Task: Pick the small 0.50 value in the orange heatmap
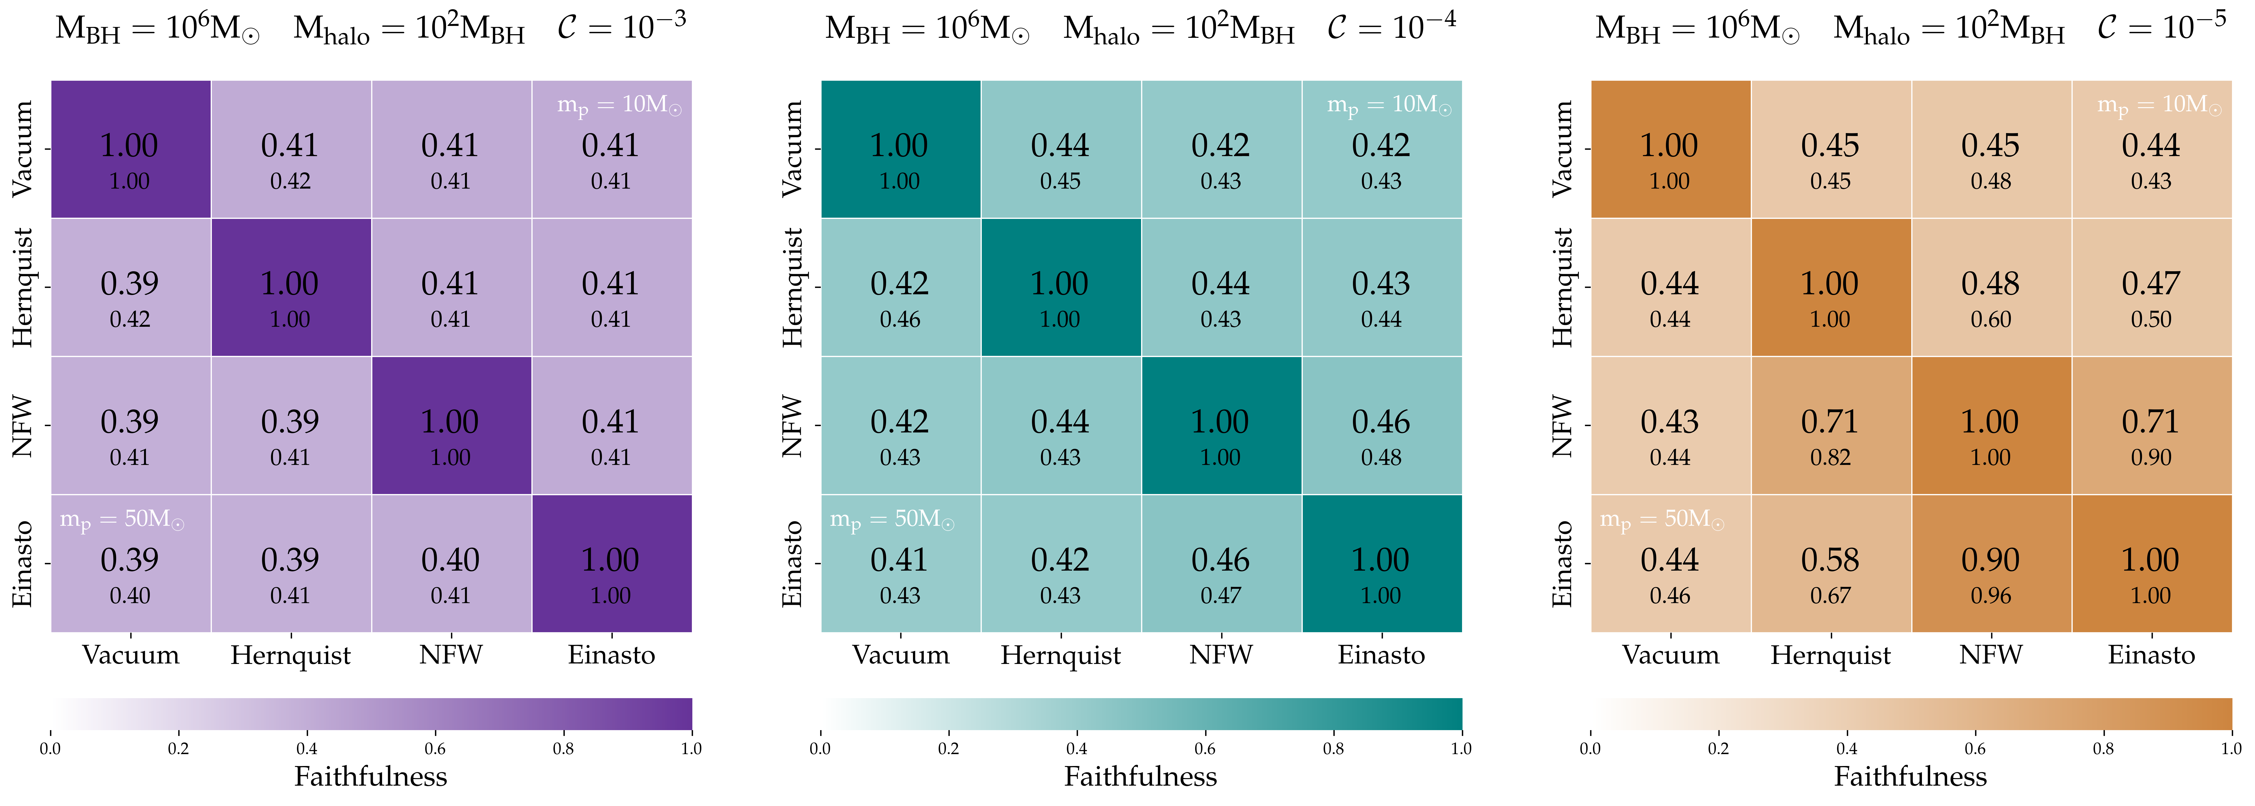coord(2151,319)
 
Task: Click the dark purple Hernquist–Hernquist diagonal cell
coord(291,287)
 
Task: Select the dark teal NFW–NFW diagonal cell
coord(1221,425)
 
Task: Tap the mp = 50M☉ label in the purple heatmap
coord(122,520)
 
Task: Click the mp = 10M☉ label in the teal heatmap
coord(1389,105)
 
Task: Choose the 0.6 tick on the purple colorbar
coord(435,748)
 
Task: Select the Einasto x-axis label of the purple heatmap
coord(611,654)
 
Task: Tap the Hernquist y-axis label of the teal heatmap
coord(792,287)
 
